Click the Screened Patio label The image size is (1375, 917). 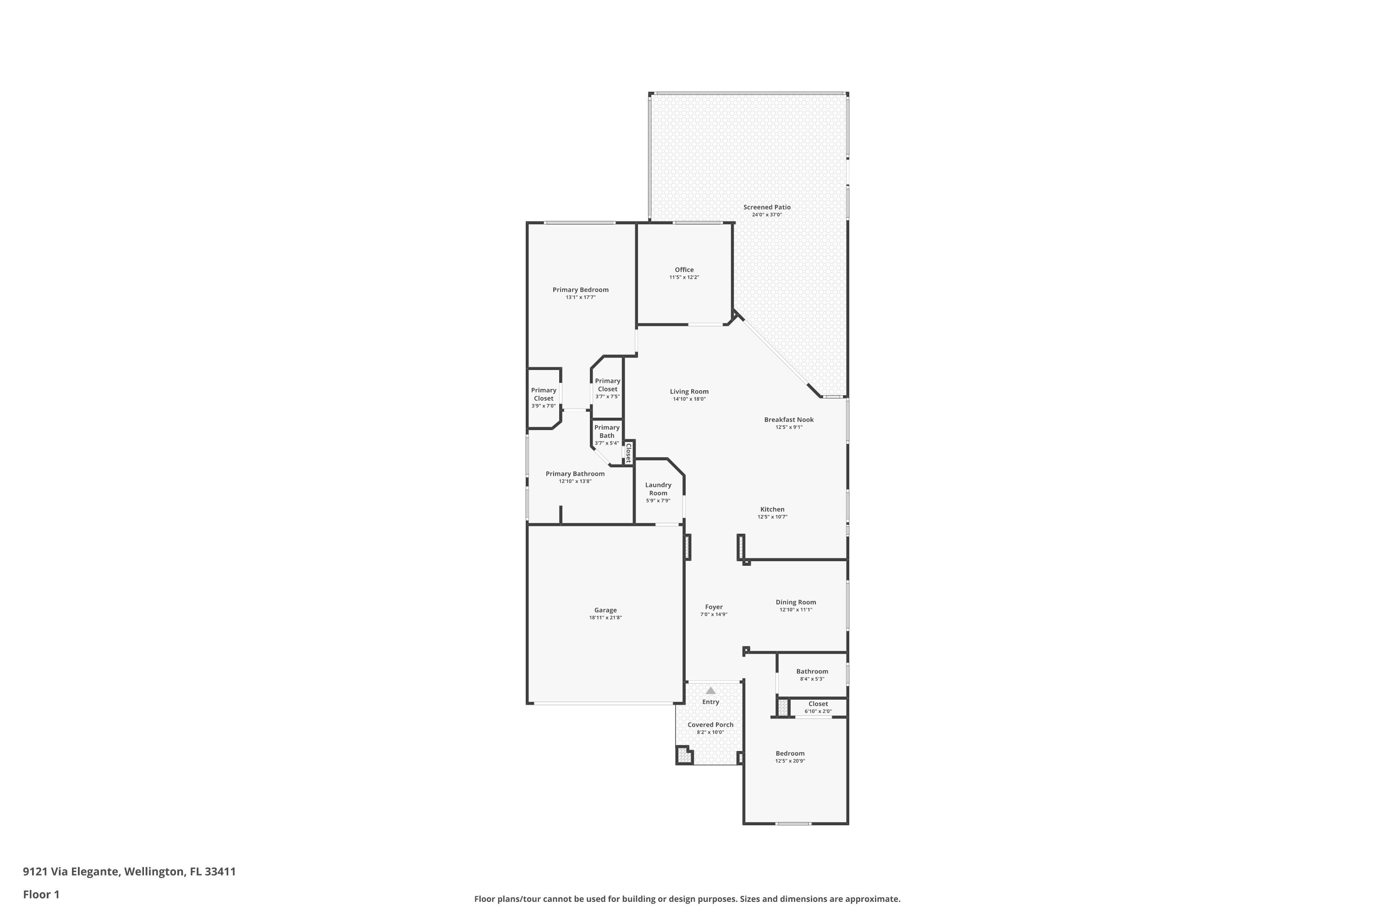click(766, 207)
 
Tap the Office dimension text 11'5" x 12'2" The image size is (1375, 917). click(684, 277)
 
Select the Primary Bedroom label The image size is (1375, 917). click(581, 289)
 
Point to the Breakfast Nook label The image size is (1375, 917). click(789, 420)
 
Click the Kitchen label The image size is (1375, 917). click(772, 509)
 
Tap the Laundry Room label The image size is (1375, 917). click(658, 489)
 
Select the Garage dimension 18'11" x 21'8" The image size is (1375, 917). click(605, 618)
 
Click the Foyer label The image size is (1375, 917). click(714, 607)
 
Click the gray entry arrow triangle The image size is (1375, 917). click(710, 691)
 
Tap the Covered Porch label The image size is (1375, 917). click(710, 724)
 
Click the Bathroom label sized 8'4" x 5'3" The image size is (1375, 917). click(812, 671)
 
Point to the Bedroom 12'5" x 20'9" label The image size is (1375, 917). click(790, 753)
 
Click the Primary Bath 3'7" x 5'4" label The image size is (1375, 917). click(607, 431)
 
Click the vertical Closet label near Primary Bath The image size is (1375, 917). click(628, 453)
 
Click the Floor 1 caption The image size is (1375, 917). click(41, 894)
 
